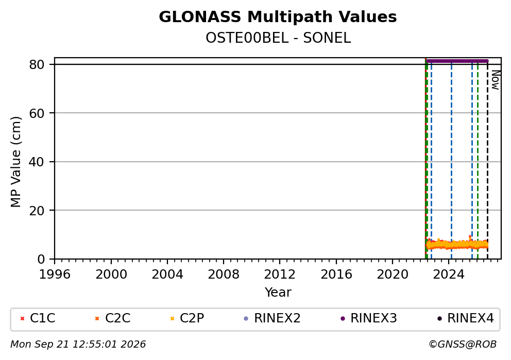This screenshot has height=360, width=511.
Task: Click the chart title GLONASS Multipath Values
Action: [x=278, y=17]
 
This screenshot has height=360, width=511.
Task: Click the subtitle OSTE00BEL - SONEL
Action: [x=278, y=38]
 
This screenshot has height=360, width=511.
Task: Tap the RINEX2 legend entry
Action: [x=272, y=318]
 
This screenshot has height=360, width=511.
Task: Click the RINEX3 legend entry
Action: [x=369, y=318]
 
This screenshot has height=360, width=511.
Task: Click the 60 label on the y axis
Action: [x=37, y=113]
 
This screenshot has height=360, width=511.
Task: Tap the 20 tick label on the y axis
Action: [x=37, y=211]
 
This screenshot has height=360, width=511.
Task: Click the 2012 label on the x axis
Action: [x=280, y=275]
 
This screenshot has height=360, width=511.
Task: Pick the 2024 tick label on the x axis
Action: [x=449, y=275]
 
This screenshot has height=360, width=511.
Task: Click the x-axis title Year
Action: [x=278, y=292]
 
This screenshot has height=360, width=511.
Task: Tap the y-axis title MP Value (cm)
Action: [x=15, y=162]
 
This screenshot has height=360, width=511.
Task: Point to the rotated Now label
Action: [x=496, y=80]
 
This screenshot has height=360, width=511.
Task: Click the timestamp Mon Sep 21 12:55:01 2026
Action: [x=78, y=345]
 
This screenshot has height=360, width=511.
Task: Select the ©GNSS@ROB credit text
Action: [x=463, y=345]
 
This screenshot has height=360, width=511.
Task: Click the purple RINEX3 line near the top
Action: [x=457, y=61]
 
